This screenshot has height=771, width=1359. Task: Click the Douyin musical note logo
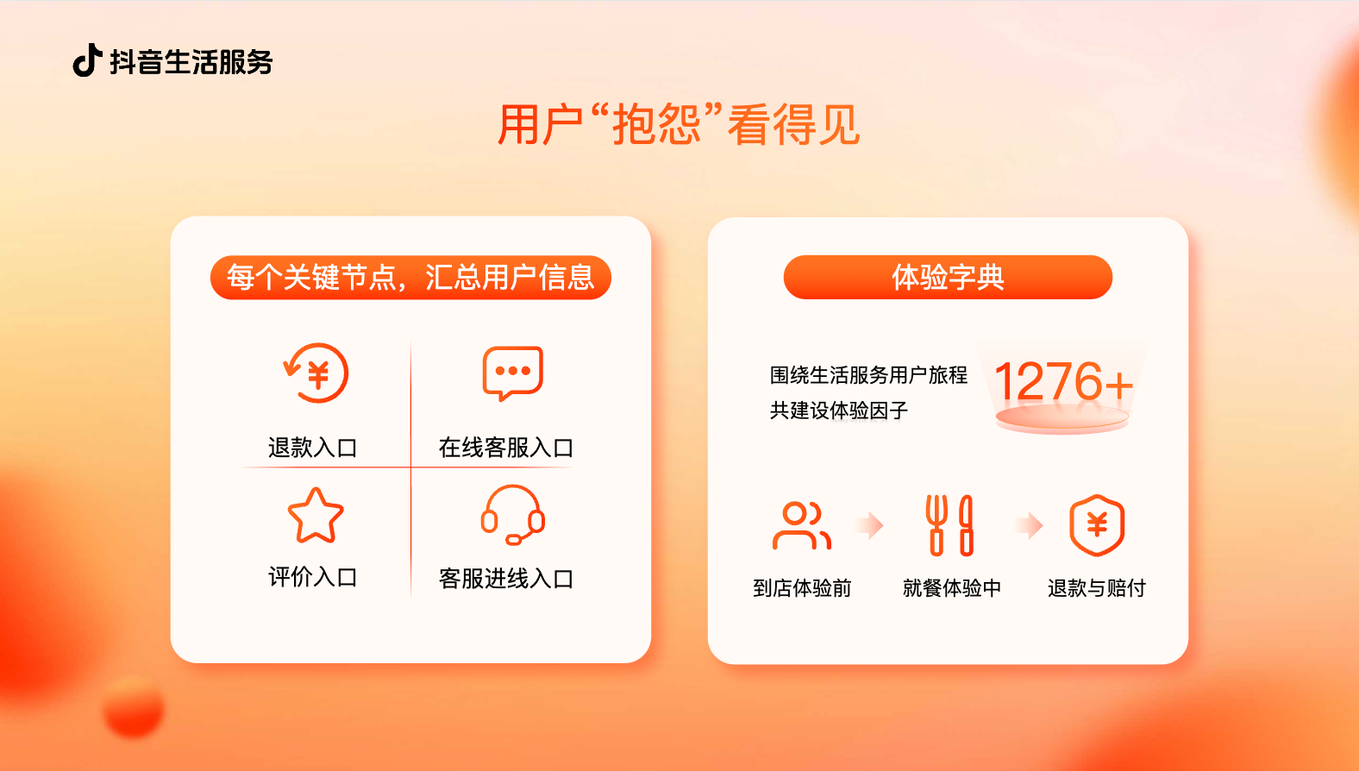click(x=87, y=60)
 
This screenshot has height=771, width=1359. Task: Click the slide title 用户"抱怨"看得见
click(x=679, y=125)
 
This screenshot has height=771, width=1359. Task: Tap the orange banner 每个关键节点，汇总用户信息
click(x=410, y=278)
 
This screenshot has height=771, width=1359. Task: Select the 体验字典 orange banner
click(x=948, y=278)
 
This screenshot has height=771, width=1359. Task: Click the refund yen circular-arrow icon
click(x=316, y=373)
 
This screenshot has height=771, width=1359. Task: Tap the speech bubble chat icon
click(x=512, y=373)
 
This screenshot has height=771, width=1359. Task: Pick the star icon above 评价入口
click(x=316, y=516)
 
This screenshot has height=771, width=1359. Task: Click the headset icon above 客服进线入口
click(x=512, y=515)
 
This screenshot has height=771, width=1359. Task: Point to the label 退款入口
click(x=312, y=448)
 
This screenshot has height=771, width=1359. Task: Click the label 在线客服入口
click(x=506, y=448)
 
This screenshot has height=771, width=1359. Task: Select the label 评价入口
click(x=312, y=577)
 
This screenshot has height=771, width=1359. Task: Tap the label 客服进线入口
click(x=506, y=579)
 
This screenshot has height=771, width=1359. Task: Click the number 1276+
click(x=1063, y=382)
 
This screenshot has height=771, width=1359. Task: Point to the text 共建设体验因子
click(x=839, y=411)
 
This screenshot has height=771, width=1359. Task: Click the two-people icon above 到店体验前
click(x=802, y=525)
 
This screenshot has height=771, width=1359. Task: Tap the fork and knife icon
click(x=949, y=525)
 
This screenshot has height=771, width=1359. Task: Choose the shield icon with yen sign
click(x=1097, y=525)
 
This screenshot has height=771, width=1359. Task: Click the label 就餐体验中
click(x=952, y=588)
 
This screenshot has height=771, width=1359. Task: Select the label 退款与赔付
click(x=1097, y=588)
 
